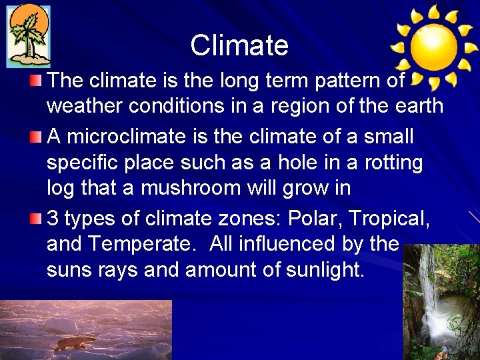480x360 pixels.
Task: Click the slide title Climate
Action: (239, 46)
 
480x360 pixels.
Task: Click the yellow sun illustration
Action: (433, 47)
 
